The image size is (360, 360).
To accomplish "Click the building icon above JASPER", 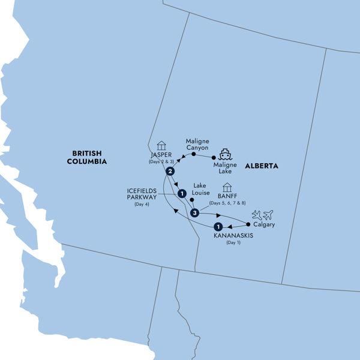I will [160, 145].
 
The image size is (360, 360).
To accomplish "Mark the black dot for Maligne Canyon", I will [194, 154].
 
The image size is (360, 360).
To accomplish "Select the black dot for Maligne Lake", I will [214, 158].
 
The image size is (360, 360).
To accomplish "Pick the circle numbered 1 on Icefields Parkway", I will [181, 193].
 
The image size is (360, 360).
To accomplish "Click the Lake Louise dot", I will [191, 200].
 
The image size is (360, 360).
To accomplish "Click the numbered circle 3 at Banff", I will [194, 213].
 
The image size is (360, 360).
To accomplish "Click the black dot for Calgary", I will [248, 224].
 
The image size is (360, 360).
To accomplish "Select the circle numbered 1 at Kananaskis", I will [218, 227].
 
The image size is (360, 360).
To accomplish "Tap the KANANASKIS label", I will [233, 236].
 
